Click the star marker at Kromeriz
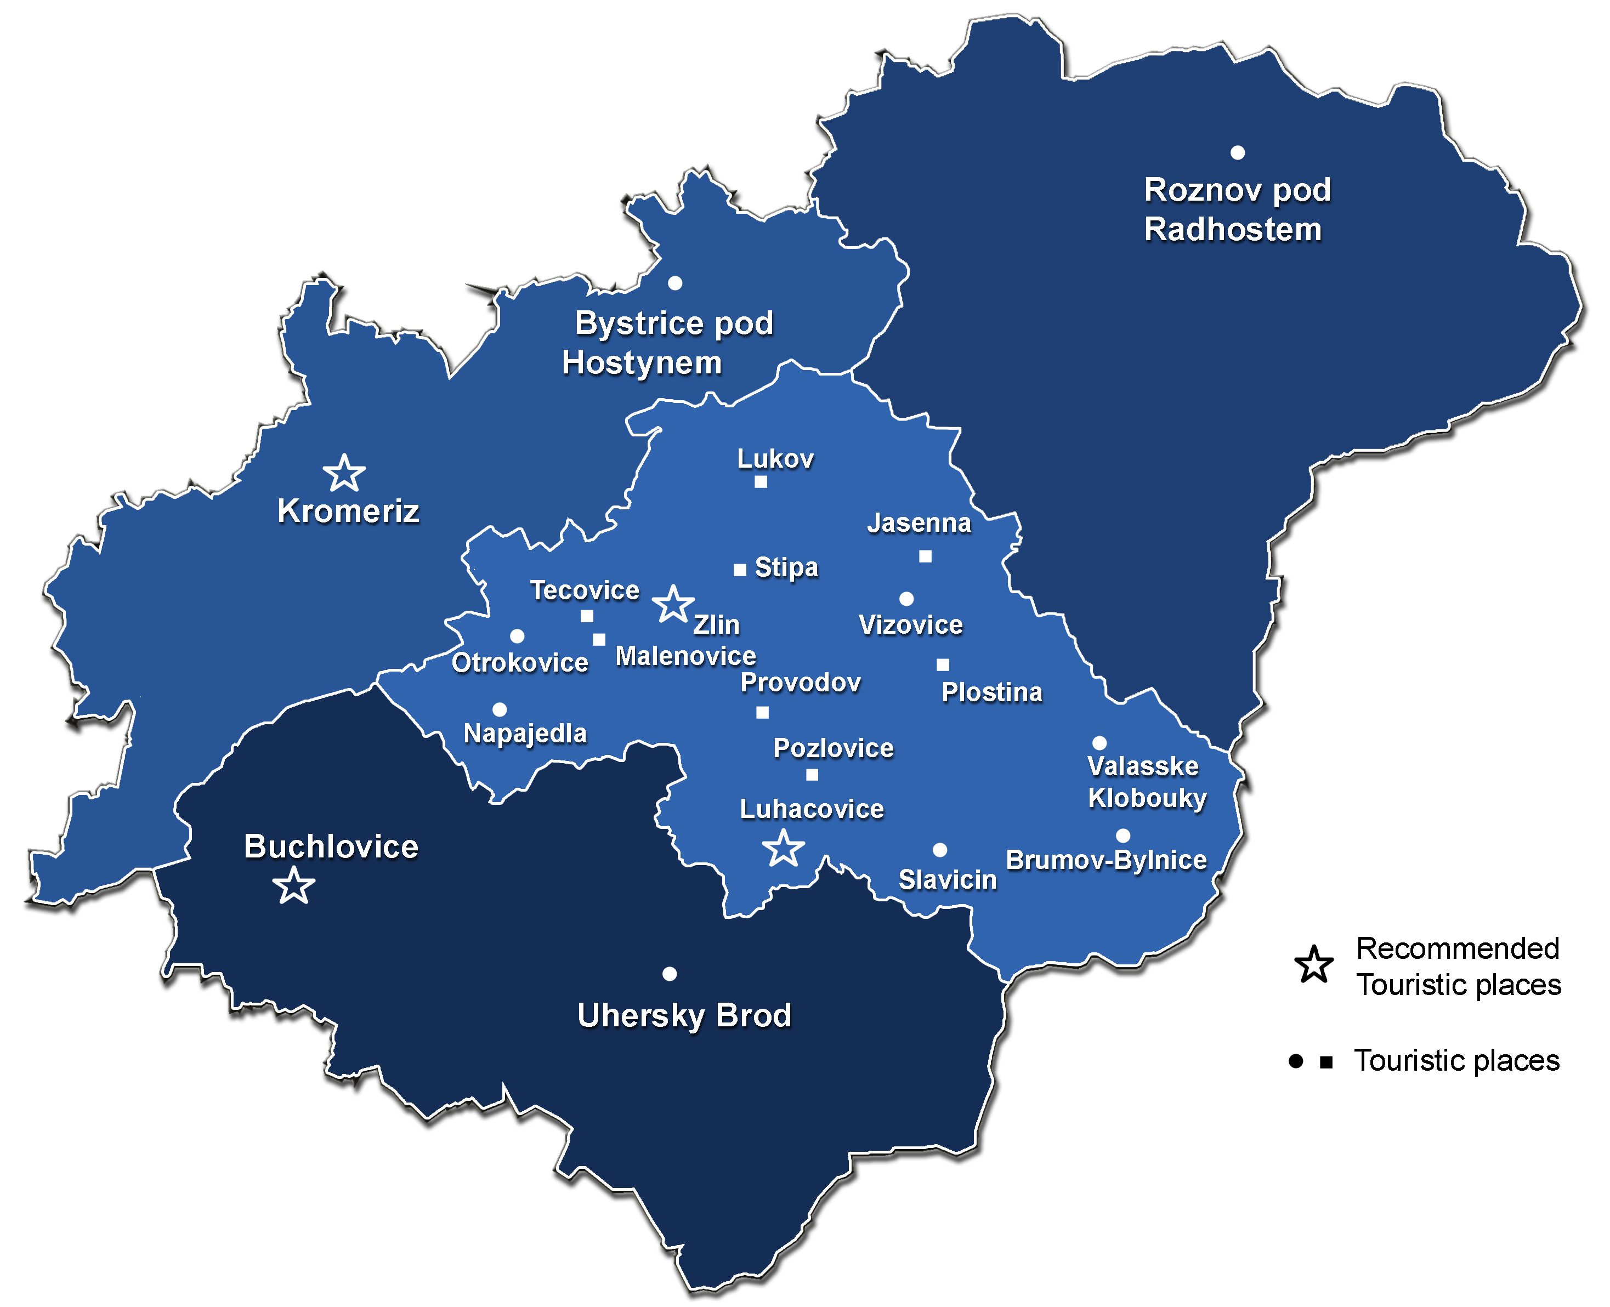pyautogui.click(x=344, y=474)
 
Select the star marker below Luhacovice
pyautogui.click(x=783, y=849)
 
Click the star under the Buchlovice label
pyautogui.click(x=293, y=886)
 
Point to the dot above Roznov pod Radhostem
pyautogui.click(x=1237, y=153)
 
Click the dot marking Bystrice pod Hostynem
pyautogui.click(x=674, y=283)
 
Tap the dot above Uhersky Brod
pyautogui.click(x=668, y=974)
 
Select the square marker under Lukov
pyautogui.click(x=761, y=482)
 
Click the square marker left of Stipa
pyautogui.click(x=740, y=570)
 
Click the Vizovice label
pyautogui.click(x=910, y=625)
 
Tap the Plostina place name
pyautogui.click(x=992, y=692)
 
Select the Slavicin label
pyautogui.click(x=948, y=879)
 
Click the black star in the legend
pyautogui.click(x=1314, y=965)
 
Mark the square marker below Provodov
pyautogui.click(x=762, y=712)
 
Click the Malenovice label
pyautogui.click(x=685, y=656)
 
